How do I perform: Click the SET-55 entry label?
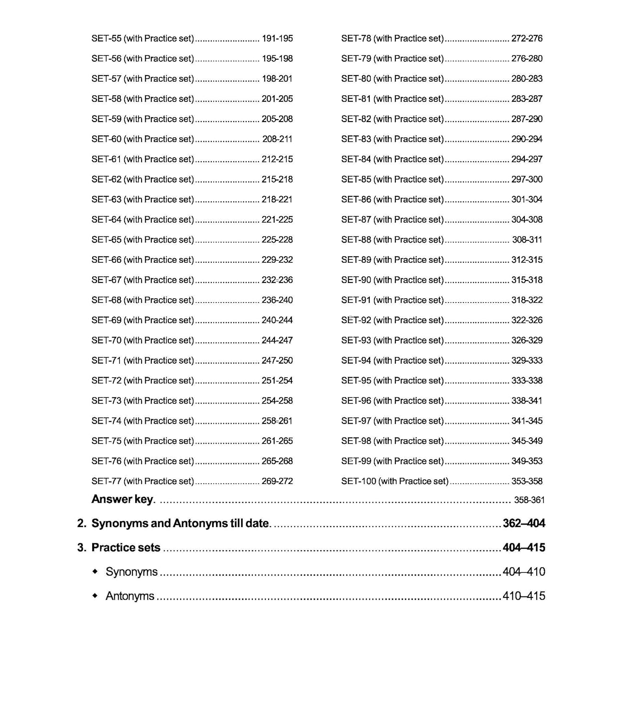[142, 38]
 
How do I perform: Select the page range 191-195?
[277, 38]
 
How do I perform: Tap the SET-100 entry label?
[394, 481]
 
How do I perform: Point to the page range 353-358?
[527, 481]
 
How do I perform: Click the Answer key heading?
[123, 499]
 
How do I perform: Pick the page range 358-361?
[529, 500]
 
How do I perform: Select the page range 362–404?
[524, 523]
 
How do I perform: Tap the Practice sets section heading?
[126, 548]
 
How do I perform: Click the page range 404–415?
[524, 548]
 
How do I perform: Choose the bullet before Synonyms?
[95, 571]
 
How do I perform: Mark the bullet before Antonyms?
[95, 595]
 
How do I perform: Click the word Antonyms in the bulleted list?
[130, 596]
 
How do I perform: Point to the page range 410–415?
[524, 596]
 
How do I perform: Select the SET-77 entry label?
[142, 481]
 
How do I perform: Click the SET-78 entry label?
[392, 38]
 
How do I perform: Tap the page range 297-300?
[527, 179]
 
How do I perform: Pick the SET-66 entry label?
[142, 259]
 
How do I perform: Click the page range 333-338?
[527, 381]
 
